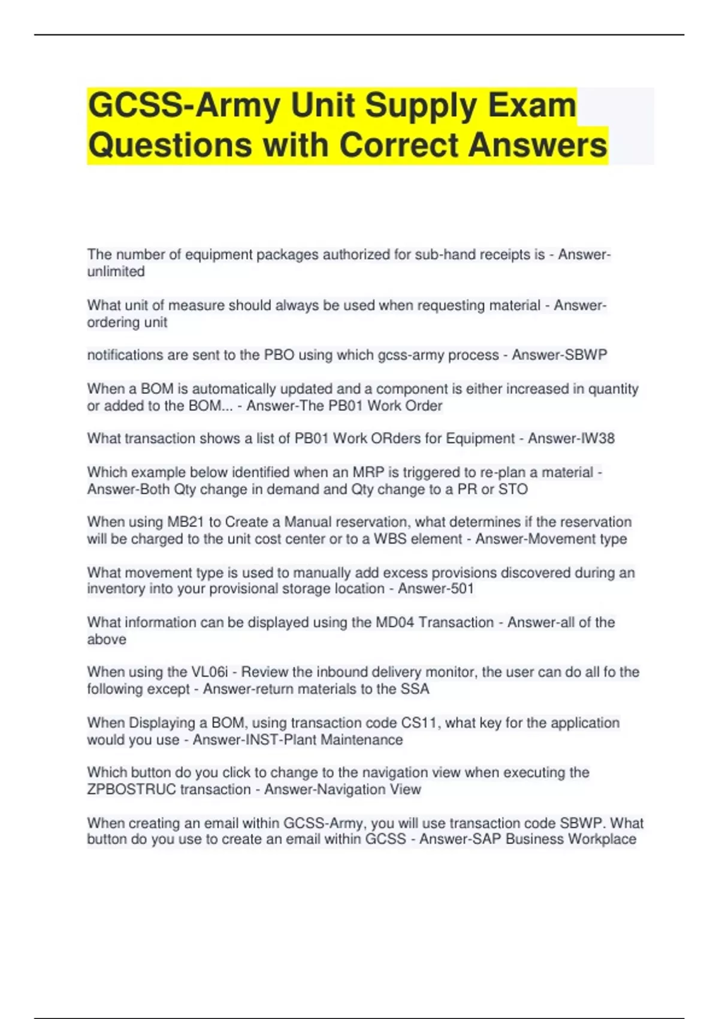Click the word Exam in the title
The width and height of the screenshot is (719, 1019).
[x=532, y=105]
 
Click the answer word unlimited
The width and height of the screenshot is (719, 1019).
[x=116, y=272]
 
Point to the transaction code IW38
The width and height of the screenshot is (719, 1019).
[x=597, y=439]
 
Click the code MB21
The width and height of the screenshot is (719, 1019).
[x=186, y=522]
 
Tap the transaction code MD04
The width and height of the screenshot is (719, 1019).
[x=395, y=623]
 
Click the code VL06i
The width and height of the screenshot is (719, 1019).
[x=209, y=673]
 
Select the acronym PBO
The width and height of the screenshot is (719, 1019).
[x=279, y=355]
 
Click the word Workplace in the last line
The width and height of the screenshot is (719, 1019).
[x=602, y=839]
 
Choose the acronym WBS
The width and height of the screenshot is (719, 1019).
[x=391, y=539]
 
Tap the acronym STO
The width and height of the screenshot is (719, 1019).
[x=513, y=489]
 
